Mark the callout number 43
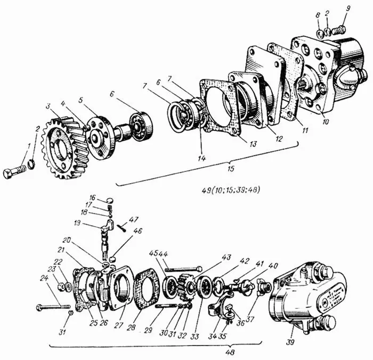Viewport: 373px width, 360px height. coord(227,257)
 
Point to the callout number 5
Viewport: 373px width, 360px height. coord(82,99)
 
